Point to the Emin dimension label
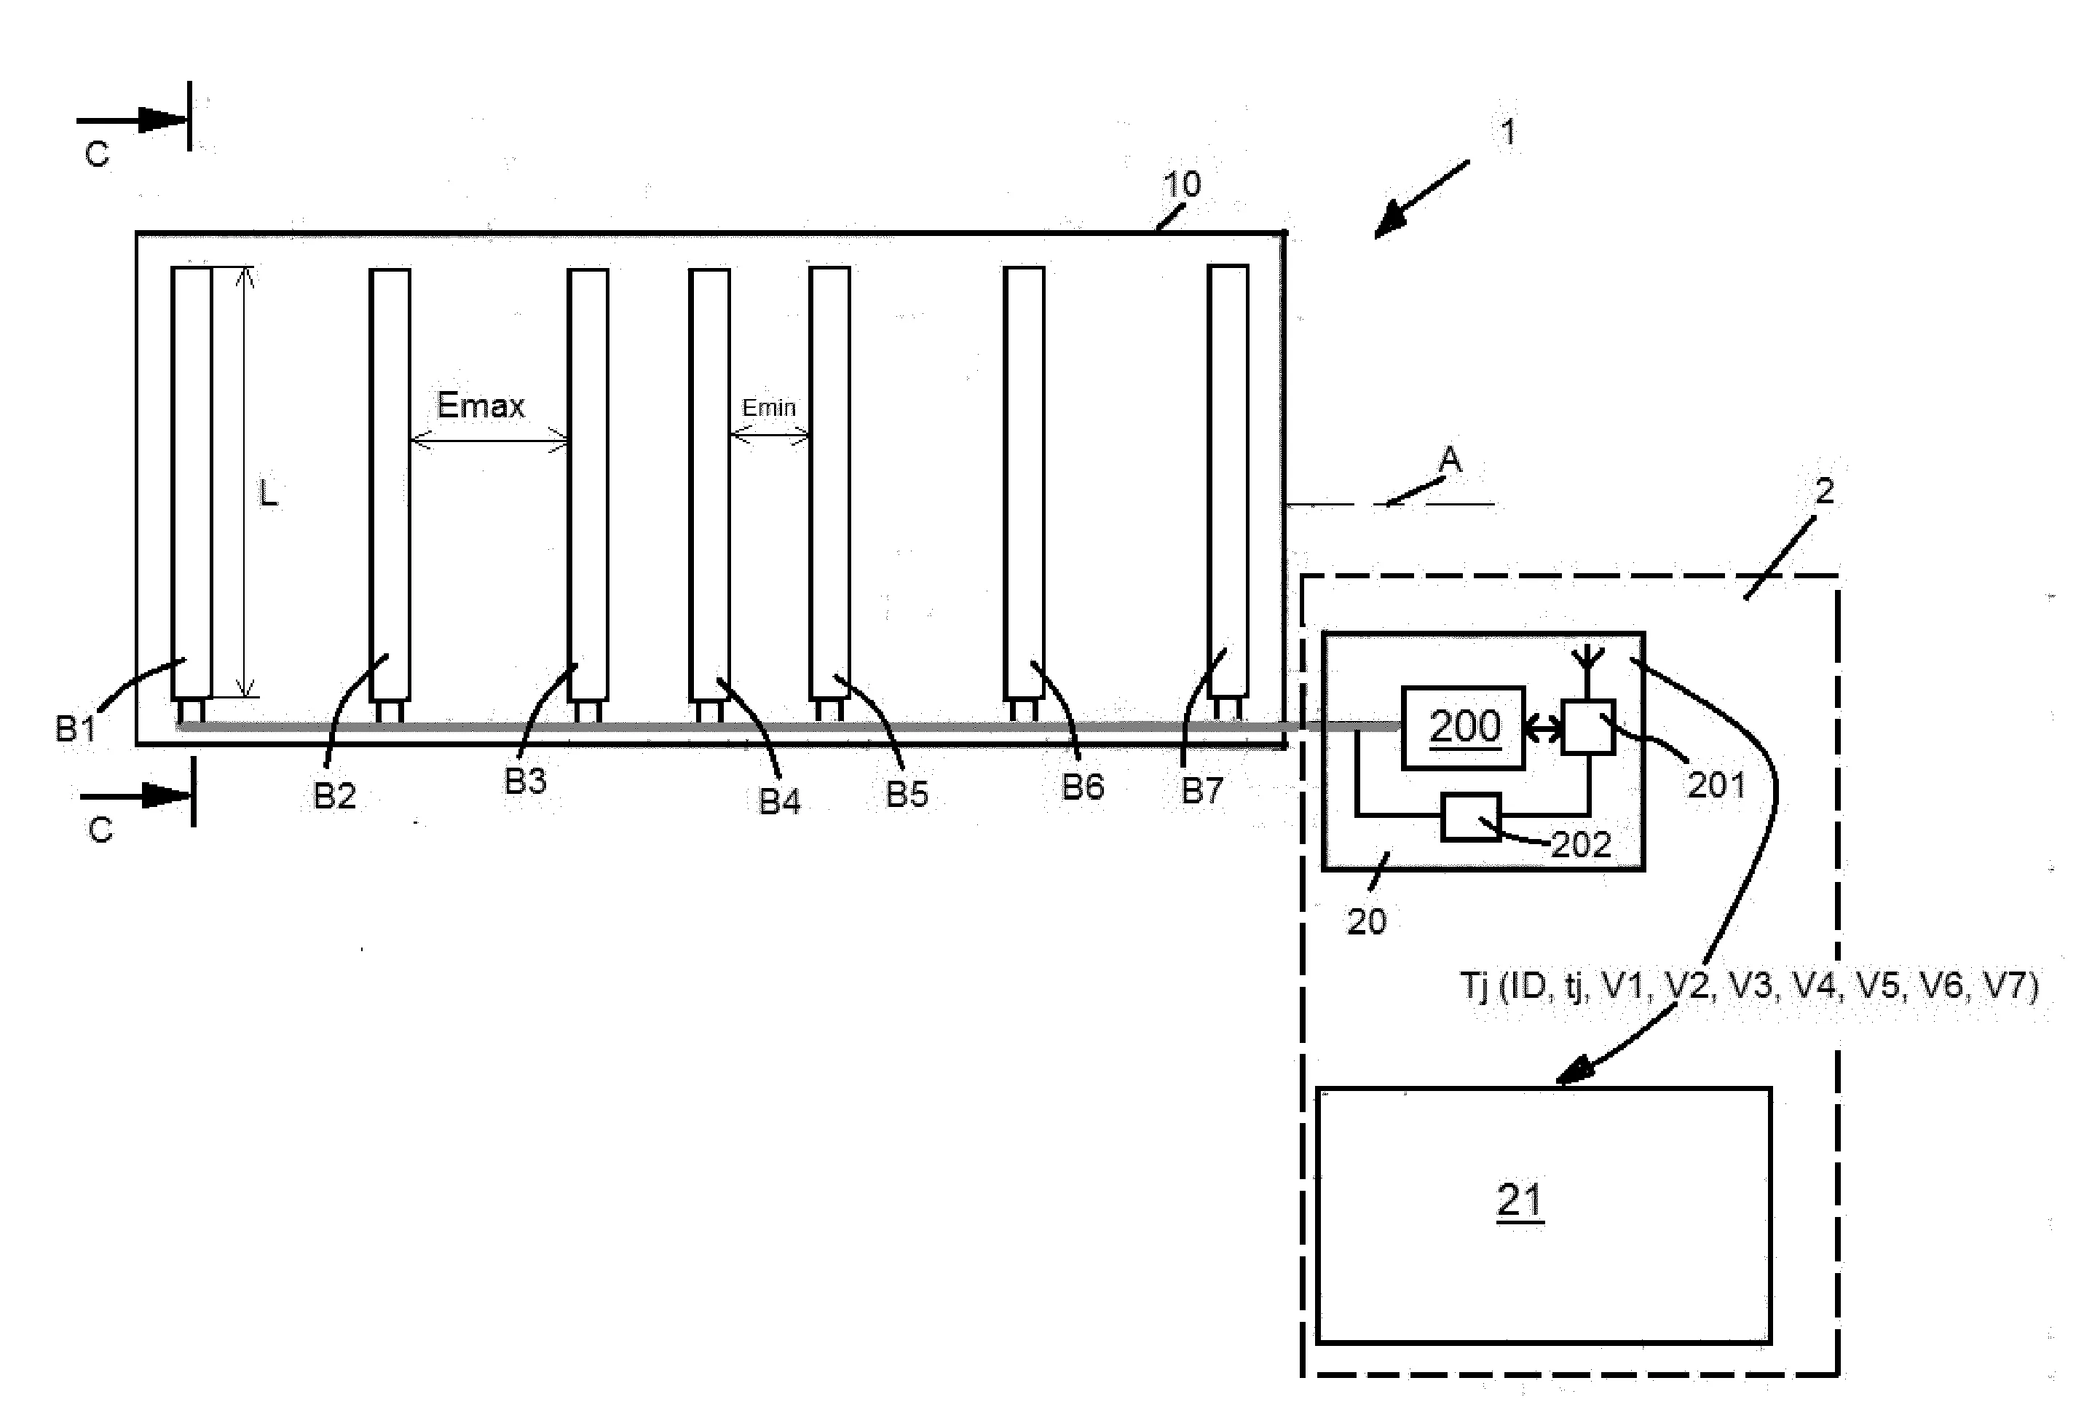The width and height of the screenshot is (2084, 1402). coord(769,408)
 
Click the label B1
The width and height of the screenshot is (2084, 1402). coord(75,729)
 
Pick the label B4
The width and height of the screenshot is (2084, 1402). coord(780,801)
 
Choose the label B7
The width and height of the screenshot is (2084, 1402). coord(1202,790)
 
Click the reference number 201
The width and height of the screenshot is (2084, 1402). coord(1716,785)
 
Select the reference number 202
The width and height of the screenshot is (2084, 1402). coord(1581,844)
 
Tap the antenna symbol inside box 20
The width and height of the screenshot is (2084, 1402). coord(1588,672)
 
